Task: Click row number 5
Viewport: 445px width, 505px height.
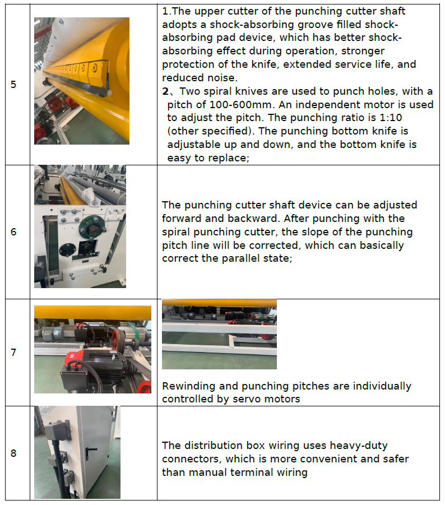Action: [13, 85]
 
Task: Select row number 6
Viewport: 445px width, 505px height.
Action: [13, 232]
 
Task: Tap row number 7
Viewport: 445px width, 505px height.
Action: [13, 353]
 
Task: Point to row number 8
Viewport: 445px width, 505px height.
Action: [13, 453]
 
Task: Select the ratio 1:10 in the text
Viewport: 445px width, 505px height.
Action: [391, 118]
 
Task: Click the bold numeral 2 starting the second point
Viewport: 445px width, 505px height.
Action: [165, 91]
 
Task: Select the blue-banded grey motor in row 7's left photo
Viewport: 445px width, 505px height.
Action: [53, 333]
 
